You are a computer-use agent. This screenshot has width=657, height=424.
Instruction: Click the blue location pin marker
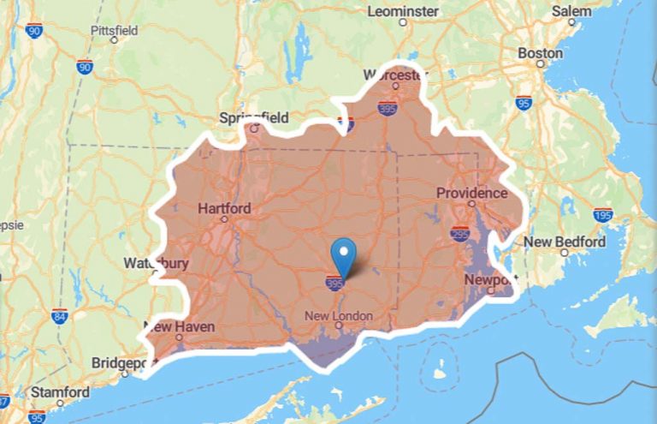pos(343,254)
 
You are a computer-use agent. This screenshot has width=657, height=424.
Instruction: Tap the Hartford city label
pos(224,208)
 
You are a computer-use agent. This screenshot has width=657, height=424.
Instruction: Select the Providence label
pos(471,193)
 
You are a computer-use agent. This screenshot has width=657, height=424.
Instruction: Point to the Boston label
pos(541,53)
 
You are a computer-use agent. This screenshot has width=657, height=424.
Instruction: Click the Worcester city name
pos(394,75)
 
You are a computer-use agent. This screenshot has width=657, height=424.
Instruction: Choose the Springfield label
pos(254,117)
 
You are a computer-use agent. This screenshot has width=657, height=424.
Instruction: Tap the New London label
pos(340,316)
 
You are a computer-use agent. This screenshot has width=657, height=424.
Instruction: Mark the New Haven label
pos(179,326)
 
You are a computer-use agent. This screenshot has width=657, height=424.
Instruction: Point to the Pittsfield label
pos(114,31)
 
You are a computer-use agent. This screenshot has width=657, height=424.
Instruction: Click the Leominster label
pos(403,11)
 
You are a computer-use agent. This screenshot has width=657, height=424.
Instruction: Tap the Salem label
pos(571,11)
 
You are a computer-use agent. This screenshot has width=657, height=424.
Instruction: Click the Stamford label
pos(59,392)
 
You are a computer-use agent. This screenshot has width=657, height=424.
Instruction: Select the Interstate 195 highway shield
pos(602,214)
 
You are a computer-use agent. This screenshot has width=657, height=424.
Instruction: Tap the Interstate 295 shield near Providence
pos(460,233)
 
